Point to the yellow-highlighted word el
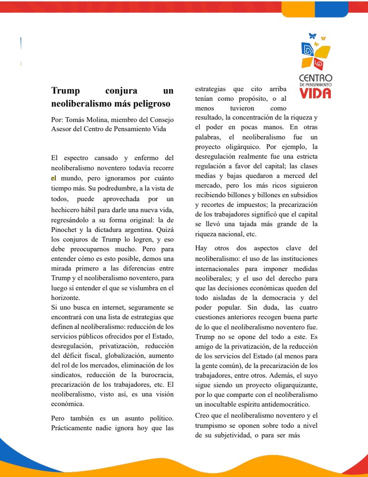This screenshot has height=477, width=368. [54, 177]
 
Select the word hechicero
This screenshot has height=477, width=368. [67, 210]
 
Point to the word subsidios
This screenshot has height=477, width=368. [302, 194]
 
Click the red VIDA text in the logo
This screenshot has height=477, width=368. [315, 93]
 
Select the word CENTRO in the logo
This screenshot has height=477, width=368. [315, 78]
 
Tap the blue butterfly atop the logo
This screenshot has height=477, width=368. [312, 36]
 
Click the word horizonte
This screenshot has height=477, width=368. [65, 298]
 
